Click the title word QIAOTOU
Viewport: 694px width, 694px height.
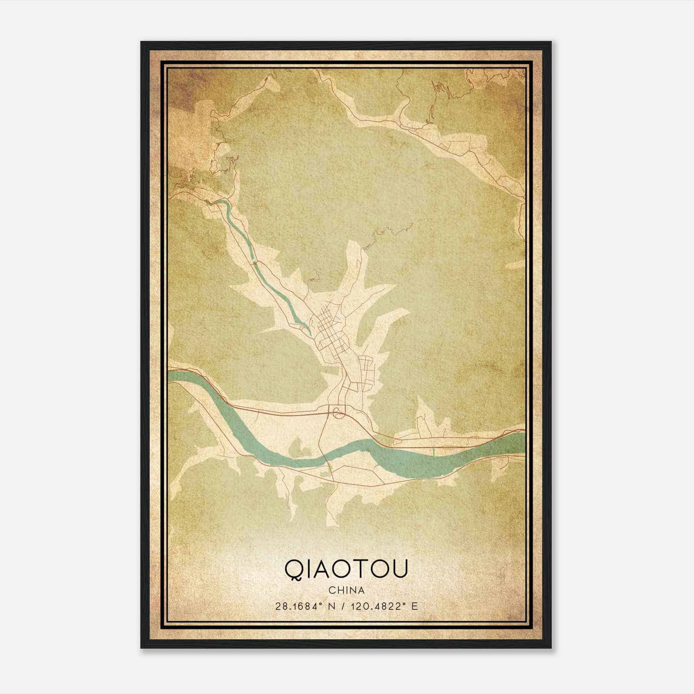click(346, 569)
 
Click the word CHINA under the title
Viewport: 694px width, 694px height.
click(346, 590)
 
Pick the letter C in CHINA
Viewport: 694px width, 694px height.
click(331, 590)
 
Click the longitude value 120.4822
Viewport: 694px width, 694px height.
click(380, 606)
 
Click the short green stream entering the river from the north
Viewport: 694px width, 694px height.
click(433, 452)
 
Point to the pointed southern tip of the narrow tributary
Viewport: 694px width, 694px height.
click(310, 333)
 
